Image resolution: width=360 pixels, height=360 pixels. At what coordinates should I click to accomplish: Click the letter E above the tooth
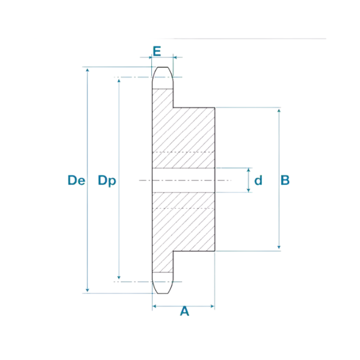157,50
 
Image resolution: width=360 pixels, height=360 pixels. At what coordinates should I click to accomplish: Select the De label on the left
76,180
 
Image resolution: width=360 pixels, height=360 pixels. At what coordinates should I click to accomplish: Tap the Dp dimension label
107,180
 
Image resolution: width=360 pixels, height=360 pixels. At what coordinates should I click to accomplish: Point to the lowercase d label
258,180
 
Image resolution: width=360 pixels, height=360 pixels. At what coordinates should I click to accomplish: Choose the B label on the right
284,180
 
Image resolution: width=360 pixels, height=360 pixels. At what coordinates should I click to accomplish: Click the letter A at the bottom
184,312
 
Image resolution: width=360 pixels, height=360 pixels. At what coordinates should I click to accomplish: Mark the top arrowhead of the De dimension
88,70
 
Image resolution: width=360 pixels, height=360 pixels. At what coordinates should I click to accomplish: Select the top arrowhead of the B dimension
279,111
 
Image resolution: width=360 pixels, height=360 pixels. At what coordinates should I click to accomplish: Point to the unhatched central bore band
183,180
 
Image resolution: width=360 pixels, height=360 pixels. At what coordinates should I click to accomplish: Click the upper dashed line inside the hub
183,152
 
